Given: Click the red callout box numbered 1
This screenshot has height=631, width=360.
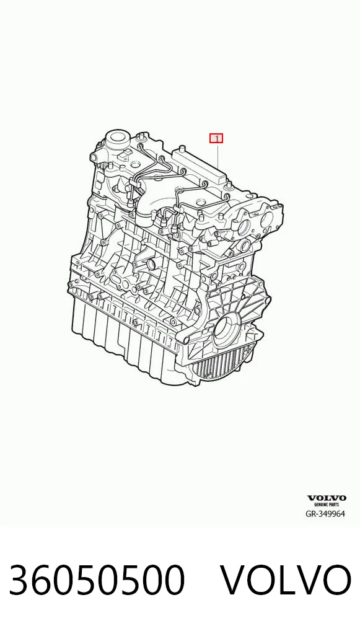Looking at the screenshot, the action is coord(216,138).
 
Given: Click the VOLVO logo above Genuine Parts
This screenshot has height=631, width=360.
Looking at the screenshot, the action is coord(327,498).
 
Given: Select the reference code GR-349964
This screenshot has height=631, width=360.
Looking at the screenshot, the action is coord(325,513).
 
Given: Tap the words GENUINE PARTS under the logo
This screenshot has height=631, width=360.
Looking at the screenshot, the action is coord(327,505).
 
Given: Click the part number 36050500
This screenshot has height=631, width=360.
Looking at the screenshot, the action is coord(97,580).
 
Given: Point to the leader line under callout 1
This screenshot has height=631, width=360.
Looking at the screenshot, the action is coord(217,156).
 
